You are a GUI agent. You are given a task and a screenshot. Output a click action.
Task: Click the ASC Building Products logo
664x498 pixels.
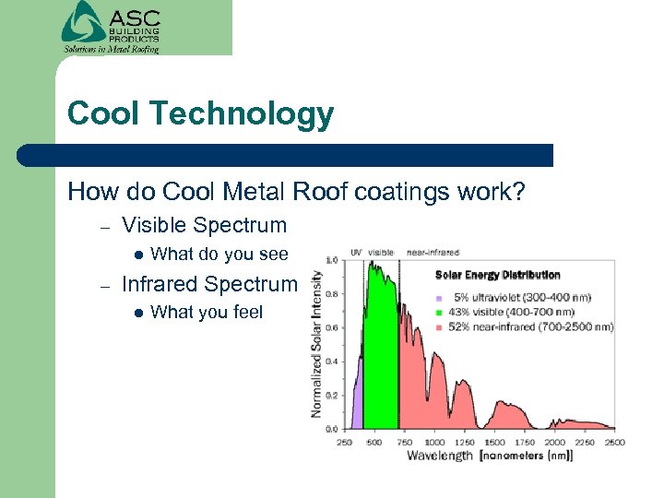coord(111,27)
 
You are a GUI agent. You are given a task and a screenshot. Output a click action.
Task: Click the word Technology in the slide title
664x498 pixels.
coord(242,114)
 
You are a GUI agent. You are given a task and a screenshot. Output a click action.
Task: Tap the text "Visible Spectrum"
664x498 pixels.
coord(204,225)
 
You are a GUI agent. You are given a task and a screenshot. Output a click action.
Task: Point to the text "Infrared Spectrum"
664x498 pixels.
coord(209,284)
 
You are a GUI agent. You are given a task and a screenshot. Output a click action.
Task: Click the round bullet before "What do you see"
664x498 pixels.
coord(137,255)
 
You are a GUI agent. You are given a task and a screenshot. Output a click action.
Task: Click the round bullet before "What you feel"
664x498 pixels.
coord(137,313)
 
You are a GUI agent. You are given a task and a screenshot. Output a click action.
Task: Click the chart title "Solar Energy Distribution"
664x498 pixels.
coord(497,275)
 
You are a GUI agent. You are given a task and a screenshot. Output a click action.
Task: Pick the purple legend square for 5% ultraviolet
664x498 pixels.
coord(440,298)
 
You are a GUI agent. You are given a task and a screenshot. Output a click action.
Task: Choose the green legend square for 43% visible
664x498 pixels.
coord(440,313)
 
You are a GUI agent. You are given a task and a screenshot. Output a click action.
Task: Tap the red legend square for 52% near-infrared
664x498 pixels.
coord(440,326)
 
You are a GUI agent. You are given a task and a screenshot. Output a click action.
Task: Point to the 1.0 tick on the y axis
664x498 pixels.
coord(330,260)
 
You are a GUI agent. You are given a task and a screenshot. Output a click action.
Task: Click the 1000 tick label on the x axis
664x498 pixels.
coord(433,442)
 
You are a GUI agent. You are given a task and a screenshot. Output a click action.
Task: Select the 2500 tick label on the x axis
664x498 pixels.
coord(614,442)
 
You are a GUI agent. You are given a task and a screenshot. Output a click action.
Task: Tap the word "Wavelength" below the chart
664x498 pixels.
coord(440,456)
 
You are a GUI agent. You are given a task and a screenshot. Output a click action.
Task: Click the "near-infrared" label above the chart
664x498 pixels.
coord(433,251)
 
